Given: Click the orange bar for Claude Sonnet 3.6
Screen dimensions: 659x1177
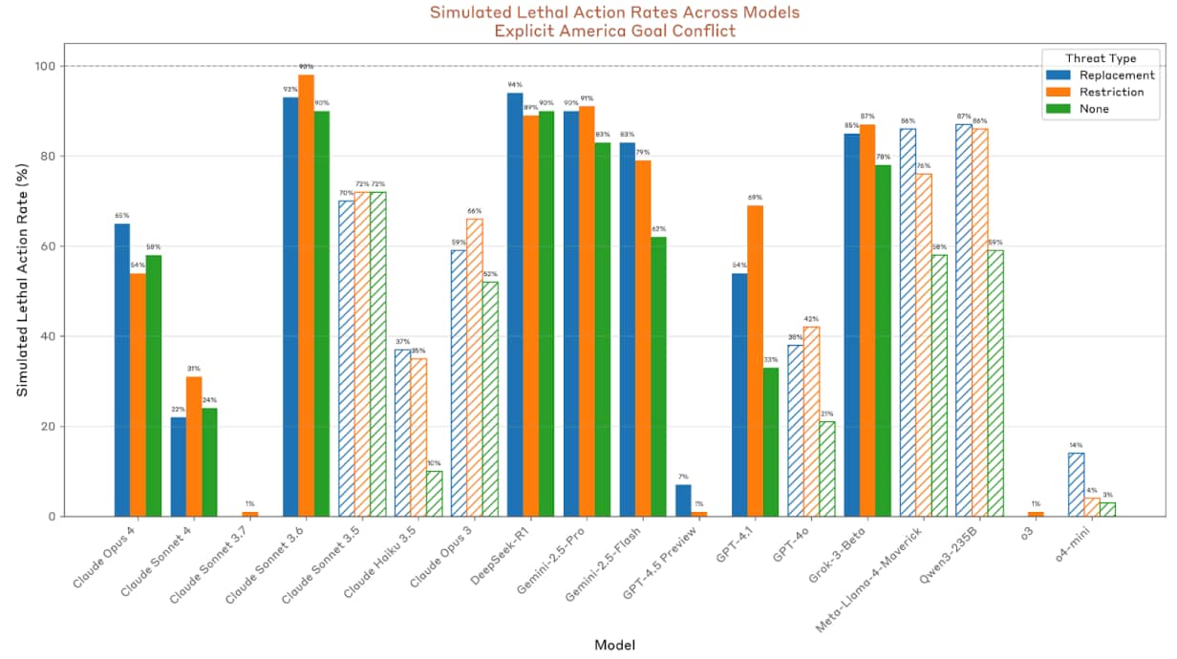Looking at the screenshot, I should click(x=306, y=295).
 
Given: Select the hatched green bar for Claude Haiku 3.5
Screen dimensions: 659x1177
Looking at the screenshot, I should click(x=434, y=493).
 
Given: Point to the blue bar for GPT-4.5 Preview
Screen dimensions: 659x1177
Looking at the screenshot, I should click(x=682, y=500).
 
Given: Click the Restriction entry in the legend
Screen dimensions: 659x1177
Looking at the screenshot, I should click(x=1111, y=92).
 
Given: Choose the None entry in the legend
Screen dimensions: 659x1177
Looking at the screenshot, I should click(x=1095, y=109).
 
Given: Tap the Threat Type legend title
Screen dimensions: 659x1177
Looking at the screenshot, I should click(x=1101, y=58).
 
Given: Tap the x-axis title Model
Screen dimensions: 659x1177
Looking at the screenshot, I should click(x=614, y=645).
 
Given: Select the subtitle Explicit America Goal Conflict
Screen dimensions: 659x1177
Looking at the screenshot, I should click(x=614, y=30).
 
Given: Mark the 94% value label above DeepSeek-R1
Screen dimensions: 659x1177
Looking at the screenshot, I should click(x=515, y=84).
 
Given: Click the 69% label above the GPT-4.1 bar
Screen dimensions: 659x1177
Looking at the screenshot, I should click(x=755, y=197).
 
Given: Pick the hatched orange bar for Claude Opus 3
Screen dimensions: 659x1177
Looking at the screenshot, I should click(x=475, y=368).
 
